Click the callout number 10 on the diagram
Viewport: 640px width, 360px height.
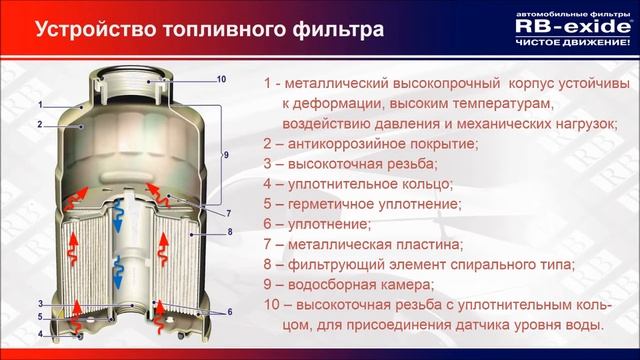click(x=221, y=79)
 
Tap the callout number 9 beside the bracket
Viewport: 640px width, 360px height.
click(x=226, y=155)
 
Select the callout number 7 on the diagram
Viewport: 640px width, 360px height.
click(x=228, y=213)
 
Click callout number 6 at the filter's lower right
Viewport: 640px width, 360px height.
click(x=229, y=311)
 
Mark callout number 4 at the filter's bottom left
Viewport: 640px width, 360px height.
click(x=40, y=333)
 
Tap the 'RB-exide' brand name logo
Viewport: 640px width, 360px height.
click(x=568, y=26)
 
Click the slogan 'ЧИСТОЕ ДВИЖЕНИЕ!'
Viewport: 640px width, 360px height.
click(x=568, y=43)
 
